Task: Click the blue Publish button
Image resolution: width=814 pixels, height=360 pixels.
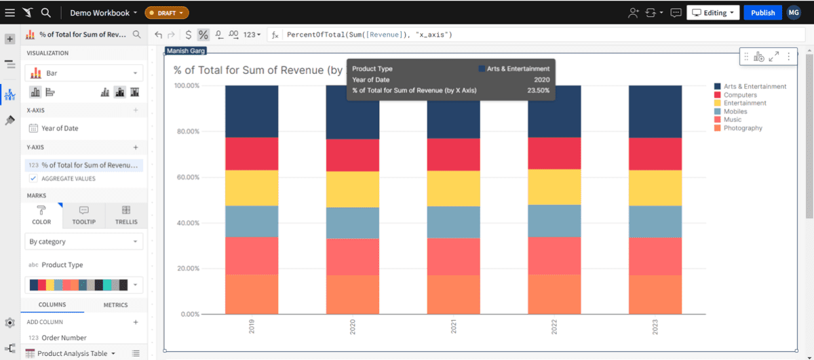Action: click(x=762, y=13)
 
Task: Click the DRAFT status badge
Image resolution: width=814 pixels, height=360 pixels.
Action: click(x=167, y=13)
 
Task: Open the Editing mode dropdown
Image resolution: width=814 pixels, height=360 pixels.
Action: click(x=712, y=13)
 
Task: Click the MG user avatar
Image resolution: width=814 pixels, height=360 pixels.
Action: click(x=794, y=13)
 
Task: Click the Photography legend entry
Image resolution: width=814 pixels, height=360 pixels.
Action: click(x=742, y=128)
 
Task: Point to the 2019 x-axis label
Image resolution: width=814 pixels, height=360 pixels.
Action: click(x=252, y=327)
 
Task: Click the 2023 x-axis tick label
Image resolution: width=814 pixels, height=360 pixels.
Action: click(x=655, y=327)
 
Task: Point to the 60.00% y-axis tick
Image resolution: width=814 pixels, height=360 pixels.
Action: click(x=187, y=178)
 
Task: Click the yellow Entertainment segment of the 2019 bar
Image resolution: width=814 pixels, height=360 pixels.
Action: click(x=252, y=188)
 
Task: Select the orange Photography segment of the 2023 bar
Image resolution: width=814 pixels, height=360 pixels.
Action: click(x=655, y=294)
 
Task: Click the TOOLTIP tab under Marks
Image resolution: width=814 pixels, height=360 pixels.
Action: click(x=84, y=215)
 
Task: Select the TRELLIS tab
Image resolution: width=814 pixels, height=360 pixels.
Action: click(x=126, y=215)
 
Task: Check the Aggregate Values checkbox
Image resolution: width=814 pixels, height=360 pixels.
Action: click(x=33, y=179)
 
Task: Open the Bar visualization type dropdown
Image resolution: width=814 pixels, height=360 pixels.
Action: click(x=84, y=73)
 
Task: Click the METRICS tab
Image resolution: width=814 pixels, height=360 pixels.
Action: click(x=115, y=305)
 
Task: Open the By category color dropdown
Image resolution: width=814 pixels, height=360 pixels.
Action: click(x=84, y=241)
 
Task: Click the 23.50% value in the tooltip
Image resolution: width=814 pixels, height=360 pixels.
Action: click(x=539, y=90)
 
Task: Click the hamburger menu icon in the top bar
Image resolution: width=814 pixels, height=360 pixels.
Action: click(x=9, y=13)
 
